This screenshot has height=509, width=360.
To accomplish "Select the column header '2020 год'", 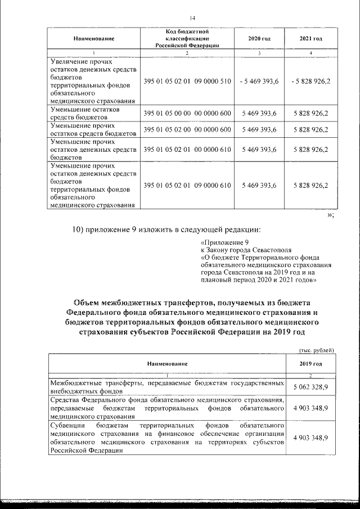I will [x=259, y=38].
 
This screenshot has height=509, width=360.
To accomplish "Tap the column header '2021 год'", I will [x=311, y=38].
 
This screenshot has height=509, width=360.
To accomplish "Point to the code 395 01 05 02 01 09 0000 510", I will [x=187, y=81].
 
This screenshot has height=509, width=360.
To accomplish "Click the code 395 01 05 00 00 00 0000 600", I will [x=187, y=114].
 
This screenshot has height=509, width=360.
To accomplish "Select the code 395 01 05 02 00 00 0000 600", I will [x=187, y=130].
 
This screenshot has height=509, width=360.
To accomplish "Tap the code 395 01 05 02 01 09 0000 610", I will [x=187, y=186].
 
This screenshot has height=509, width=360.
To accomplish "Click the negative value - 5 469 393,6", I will [x=259, y=81].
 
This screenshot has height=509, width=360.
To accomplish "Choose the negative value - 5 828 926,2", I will [x=311, y=81].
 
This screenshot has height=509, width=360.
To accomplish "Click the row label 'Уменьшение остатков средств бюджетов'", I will [x=91, y=114].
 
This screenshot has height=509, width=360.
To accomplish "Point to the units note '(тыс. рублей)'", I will [x=316, y=349].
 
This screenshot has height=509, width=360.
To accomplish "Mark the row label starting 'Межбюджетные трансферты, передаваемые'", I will [x=166, y=387].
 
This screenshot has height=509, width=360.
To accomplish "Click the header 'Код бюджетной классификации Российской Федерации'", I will [x=187, y=38].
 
